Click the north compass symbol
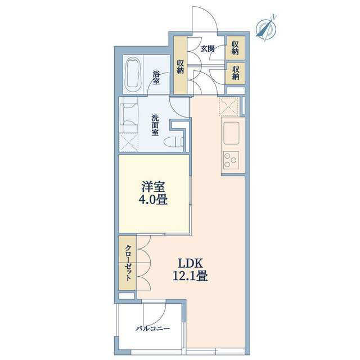266,29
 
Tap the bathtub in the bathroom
133,74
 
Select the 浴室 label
156,78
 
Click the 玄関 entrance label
208,49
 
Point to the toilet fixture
174,142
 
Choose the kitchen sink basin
231,133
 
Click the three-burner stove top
231,160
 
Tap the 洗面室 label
155,125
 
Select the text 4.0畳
153,199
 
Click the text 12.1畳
190,276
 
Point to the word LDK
190,263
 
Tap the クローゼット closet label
128,263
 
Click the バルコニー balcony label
152,328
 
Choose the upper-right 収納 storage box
235,48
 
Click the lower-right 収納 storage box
235,73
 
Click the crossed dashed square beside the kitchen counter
229,106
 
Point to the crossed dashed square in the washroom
129,142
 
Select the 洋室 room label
153,187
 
